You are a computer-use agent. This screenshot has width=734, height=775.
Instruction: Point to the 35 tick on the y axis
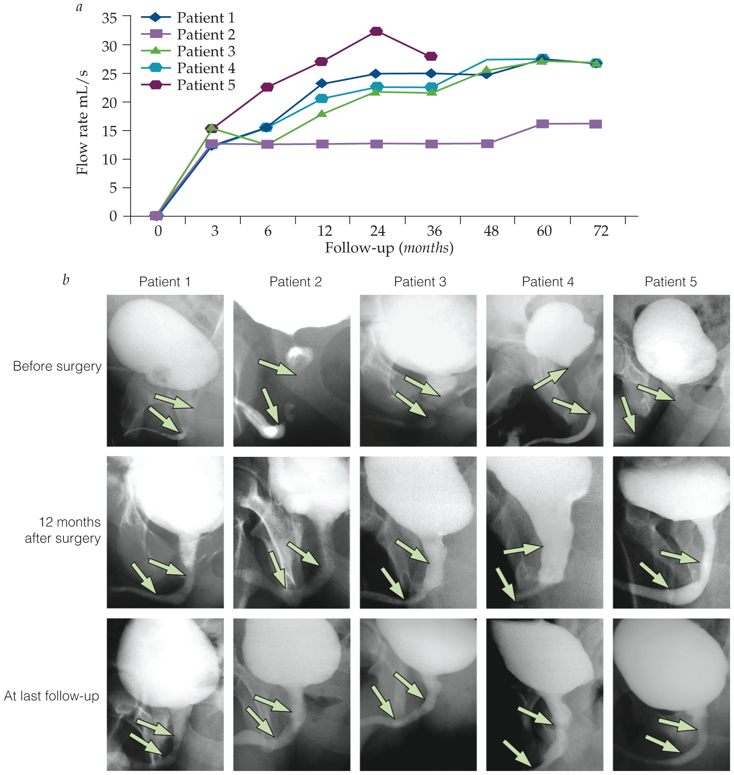click(109, 18)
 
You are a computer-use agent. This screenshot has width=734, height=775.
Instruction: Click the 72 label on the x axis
click(601, 231)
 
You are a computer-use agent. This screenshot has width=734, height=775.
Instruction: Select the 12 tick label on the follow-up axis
click(324, 231)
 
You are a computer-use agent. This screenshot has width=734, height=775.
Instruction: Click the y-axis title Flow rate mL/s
click(82, 122)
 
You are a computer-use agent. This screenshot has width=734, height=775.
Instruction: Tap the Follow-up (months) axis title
click(389, 248)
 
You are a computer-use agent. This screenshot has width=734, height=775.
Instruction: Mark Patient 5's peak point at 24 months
click(376, 31)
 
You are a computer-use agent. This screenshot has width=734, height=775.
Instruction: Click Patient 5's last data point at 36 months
click(431, 56)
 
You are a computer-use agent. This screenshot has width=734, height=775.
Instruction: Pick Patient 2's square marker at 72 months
click(595, 124)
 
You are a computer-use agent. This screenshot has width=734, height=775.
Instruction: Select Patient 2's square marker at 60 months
click(542, 124)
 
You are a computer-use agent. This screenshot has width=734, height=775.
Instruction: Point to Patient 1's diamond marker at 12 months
click(322, 84)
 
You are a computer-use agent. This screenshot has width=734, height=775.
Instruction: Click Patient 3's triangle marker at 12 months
click(322, 113)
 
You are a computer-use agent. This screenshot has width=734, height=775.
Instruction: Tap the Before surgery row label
click(57, 366)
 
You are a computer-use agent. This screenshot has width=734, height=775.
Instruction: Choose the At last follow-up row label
click(52, 696)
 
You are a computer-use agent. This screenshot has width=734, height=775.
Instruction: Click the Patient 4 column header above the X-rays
click(548, 281)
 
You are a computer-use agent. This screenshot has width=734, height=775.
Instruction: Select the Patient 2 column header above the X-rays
click(295, 281)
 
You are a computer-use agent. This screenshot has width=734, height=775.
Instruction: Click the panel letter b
click(66, 279)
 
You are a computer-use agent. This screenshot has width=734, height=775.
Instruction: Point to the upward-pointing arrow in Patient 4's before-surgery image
click(551, 378)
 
